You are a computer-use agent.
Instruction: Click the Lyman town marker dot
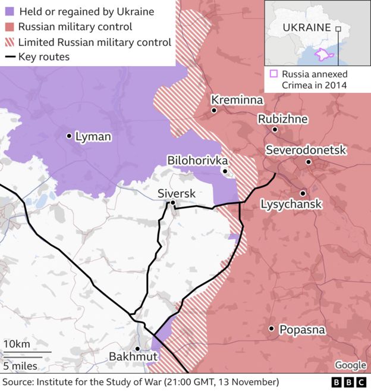(x=69, y=136)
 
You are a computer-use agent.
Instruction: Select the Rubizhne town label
(x=282, y=119)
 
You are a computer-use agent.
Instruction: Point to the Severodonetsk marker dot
(x=309, y=162)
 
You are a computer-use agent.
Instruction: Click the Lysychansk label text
(x=291, y=204)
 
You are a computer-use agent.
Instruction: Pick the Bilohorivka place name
(x=197, y=160)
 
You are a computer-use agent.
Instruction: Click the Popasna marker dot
(x=271, y=329)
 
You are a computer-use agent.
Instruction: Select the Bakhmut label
(x=133, y=356)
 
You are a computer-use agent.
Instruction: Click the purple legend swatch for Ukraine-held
(x=9, y=11)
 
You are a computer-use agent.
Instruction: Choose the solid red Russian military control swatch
(x=9, y=27)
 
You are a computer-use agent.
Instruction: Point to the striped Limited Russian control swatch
(x=9, y=42)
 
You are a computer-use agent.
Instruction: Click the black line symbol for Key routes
(x=9, y=58)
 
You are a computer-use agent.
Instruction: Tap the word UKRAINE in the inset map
(x=307, y=27)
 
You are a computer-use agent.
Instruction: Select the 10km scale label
(x=16, y=345)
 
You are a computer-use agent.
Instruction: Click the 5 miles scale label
(x=20, y=365)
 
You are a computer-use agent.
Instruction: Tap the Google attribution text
(x=350, y=365)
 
